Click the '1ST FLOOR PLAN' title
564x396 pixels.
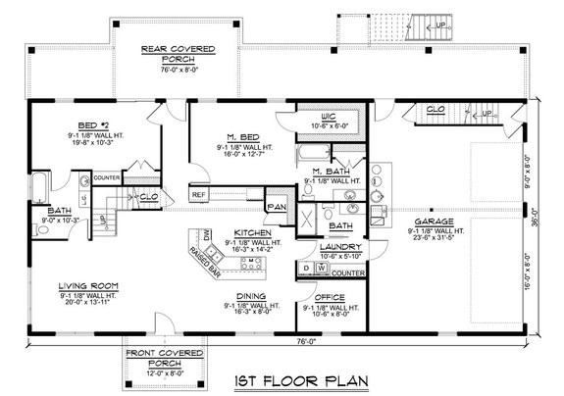[x=284, y=379]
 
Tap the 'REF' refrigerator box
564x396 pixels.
[x=198, y=195]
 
